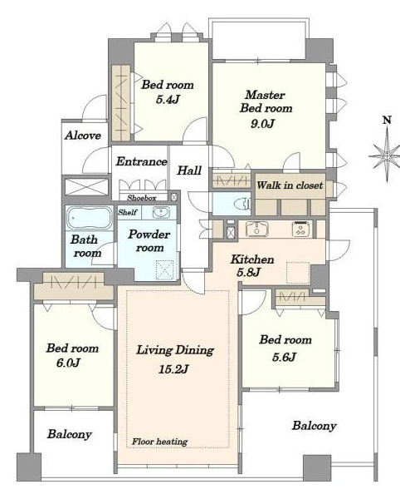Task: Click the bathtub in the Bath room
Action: (x=90, y=218)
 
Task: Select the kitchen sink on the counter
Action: (x=256, y=229)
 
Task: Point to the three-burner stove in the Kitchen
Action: (x=302, y=229)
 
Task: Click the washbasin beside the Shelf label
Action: (x=161, y=212)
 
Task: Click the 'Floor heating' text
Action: (x=159, y=442)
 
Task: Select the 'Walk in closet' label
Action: (x=290, y=185)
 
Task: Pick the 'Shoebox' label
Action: (x=142, y=198)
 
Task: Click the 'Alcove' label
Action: (x=83, y=136)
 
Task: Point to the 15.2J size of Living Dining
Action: (x=173, y=369)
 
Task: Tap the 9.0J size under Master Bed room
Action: (x=262, y=124)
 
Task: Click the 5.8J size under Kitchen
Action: (x=248, y=273)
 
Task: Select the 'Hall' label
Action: (x=189, y=170)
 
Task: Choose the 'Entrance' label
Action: (x=142, y=161)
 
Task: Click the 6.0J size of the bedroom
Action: (x=69, y=363)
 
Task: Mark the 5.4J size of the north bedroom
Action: (x=168, y=100)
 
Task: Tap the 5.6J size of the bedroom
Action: (x=284, y=357)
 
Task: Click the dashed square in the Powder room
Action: (x=164, y=269)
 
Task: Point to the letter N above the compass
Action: (x=387, y=120)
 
